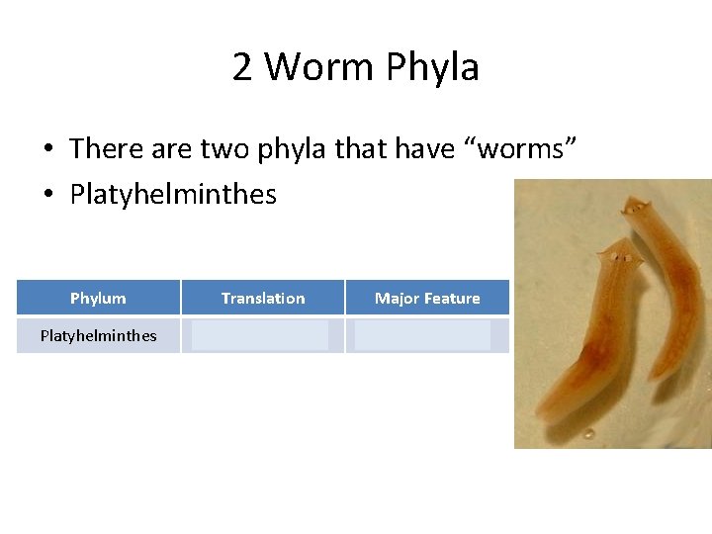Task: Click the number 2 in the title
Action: coord(242,67)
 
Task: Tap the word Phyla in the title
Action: coord(433,67)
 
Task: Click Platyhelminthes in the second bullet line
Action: coord(173,194)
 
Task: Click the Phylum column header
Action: coord(98,298)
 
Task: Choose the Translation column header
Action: coord(263,298)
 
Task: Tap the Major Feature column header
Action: coord(427,298)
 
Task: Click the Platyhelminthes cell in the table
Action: coord(98,335)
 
